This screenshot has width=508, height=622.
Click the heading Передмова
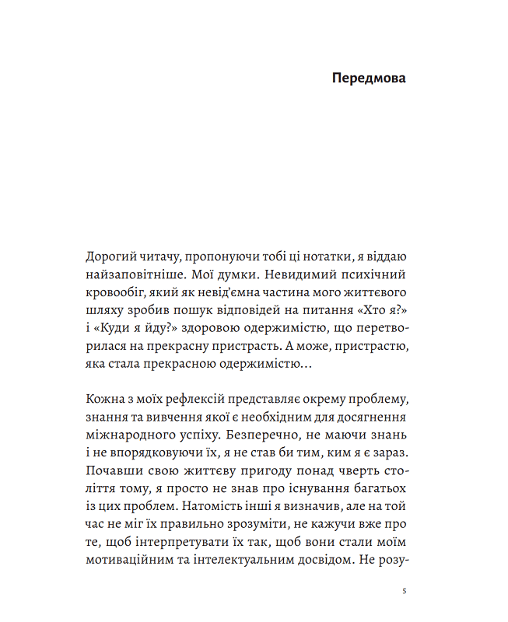click(x=369, y=79)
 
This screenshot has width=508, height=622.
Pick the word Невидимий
click(x=275, y=276)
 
